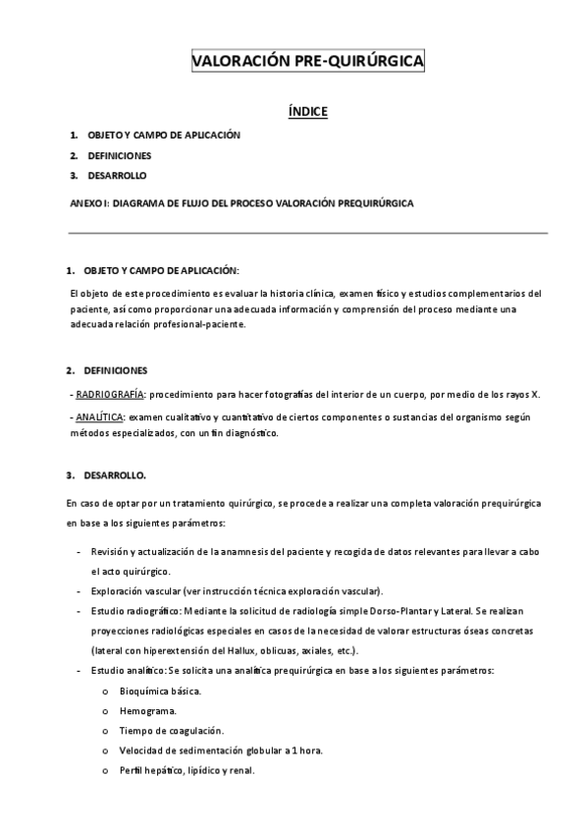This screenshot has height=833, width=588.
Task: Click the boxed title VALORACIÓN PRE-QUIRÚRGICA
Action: tap(307, 62)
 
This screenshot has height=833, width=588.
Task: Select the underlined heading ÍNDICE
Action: tap(307, 112)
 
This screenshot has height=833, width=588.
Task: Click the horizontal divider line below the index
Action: tap(307, 233)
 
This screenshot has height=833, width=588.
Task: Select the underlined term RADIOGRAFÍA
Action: tap(110, 395)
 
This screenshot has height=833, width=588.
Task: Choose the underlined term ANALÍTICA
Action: tap(100, 417)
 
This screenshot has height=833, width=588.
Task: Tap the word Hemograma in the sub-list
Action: tap(147, 709)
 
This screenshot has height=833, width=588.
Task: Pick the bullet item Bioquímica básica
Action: tap(160, 691)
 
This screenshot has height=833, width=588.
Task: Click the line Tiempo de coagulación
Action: tap(172, 730)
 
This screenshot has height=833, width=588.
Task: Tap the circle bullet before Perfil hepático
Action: tap(104, 770)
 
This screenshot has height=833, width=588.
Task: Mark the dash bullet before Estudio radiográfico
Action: tap(79, 610)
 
